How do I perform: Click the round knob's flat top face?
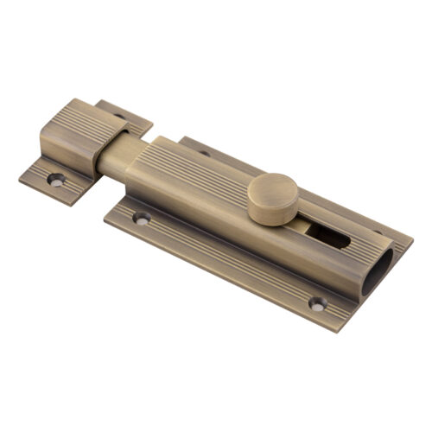click(x=270, y=187)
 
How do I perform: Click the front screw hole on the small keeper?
click(x=56, y=180)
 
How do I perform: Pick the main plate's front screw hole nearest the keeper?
click(x=142, y=219)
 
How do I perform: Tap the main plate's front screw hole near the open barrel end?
click(x=318, y=303)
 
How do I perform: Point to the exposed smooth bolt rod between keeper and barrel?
click(x=113, y=160)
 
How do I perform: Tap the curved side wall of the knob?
click(x=267, y=212)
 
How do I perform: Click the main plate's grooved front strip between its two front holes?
click(x=229, y=264)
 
